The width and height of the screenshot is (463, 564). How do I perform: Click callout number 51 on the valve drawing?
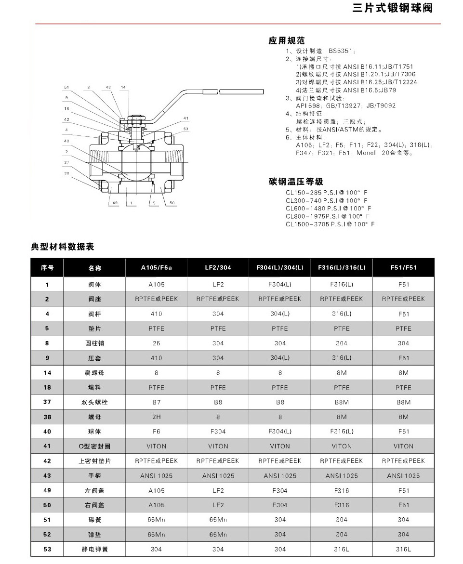click(67, 87)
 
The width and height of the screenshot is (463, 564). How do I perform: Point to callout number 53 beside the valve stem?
click(185, 129)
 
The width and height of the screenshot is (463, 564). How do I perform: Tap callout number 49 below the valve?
click(115, 203)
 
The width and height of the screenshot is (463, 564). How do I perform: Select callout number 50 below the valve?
click(172, 203)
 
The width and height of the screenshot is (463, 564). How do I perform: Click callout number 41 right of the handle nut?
click(186, 118)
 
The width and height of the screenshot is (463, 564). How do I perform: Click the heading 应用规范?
click(287, 40)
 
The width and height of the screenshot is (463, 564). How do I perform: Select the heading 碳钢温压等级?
click(296, 182)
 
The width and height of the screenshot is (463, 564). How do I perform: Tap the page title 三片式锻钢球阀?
click(392, 8)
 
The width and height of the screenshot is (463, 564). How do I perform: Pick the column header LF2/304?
click(218, 268)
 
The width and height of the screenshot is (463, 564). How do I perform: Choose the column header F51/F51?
click(403, 268)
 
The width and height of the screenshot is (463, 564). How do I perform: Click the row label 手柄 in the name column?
click(95, 475)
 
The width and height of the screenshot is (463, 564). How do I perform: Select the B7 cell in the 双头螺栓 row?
click(156, 402)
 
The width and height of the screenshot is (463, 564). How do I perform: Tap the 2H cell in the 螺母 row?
click(156, 417)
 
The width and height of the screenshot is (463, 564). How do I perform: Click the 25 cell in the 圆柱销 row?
click(156, 343)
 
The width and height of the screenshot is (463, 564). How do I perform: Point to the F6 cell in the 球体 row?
click(156, 432)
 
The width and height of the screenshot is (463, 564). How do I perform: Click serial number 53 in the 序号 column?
click(47, 549)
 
